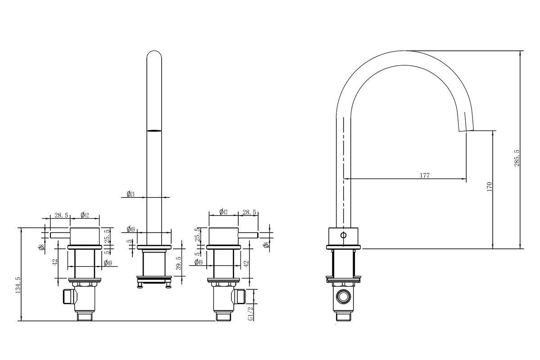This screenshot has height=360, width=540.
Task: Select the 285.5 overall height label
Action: [517, 158]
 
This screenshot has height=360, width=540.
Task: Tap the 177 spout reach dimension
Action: [425, 175]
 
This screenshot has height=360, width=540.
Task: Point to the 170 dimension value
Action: [490, 187]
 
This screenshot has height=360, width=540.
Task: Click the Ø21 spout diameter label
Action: [130, 194]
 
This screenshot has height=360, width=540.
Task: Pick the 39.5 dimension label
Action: [179, 263]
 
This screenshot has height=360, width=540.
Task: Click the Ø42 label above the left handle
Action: [85, 216]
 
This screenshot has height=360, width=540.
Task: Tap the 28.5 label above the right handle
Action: [250, 212]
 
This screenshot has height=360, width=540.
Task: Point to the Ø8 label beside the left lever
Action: [41, 247]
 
